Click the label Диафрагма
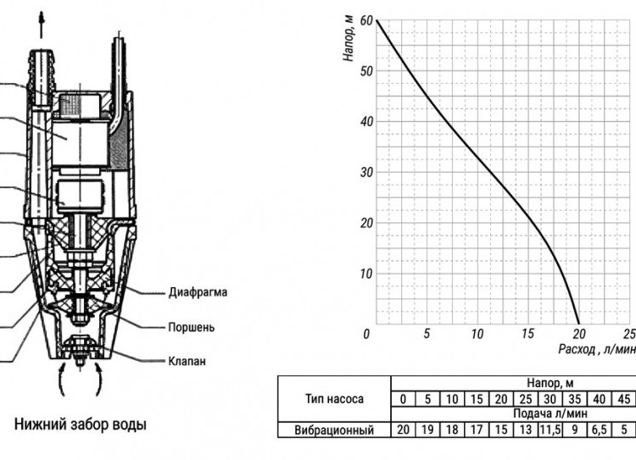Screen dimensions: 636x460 [198, 292]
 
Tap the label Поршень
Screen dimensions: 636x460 [191, 327]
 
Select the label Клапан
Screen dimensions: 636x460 [187, 361]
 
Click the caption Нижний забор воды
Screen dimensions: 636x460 [81, 424]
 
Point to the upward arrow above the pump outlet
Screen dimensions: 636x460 [41, 25]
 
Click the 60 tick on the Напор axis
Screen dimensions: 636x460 [365, 20]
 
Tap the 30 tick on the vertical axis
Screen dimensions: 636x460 [365, 172]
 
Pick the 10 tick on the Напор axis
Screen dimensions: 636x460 [365, 274]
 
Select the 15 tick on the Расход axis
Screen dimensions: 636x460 [527, 334]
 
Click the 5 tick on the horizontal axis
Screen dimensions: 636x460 [427, 334]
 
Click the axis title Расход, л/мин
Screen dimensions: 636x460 [597, 349]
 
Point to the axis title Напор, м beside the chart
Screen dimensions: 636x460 [349, 39]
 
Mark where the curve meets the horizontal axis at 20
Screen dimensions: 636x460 [579, 324]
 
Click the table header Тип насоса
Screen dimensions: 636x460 [334, 399]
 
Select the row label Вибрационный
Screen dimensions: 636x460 [334, 430]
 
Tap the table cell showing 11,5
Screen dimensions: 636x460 [550, 430]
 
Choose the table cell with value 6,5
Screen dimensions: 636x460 [599, 430]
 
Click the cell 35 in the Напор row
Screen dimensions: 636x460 [574, 399]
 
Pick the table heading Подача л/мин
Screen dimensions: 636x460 [550, 413]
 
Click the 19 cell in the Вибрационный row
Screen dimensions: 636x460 [427, 430]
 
